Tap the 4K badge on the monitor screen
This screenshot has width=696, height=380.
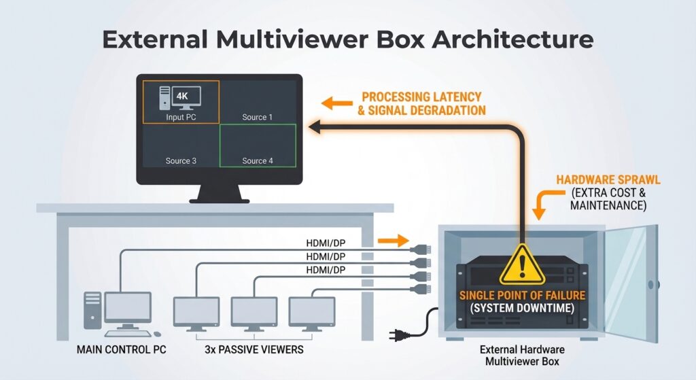click(182, 96)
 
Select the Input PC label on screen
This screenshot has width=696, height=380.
click(181, 117)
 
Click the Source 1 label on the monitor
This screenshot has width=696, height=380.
click(257, 117)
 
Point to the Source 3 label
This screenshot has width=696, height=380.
click(181, 161)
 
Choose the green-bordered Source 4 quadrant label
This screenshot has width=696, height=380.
click(257, 161)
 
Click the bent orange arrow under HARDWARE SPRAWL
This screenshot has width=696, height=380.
click(542, 203)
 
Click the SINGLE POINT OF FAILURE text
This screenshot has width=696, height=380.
click(522, 296)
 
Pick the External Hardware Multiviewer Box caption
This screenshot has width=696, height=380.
click(521, 356)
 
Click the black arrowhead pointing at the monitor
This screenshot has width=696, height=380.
click(315, 125)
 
